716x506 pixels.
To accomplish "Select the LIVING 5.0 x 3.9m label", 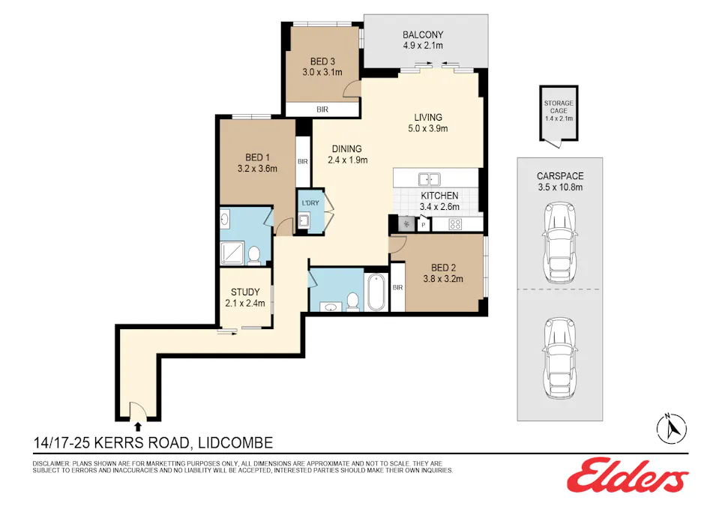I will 428,122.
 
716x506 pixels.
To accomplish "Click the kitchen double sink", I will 430,179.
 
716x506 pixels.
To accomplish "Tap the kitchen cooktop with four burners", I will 455,223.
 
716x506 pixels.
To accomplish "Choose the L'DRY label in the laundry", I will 310,203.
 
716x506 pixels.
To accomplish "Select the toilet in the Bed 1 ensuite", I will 254,255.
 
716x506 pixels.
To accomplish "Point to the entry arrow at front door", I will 136,424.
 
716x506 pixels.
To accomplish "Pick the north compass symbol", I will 672,428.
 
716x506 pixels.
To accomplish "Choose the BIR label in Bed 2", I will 397,287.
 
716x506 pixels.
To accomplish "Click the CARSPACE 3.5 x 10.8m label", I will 559,181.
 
